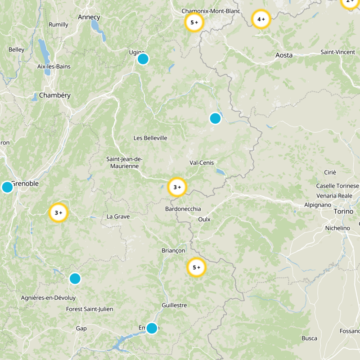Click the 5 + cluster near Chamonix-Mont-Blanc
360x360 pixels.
tap(194, 22)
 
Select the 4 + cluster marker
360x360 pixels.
tap(261, 19)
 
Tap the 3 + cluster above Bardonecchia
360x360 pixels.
tap(177, 187)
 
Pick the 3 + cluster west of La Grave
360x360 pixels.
tap(58, 213)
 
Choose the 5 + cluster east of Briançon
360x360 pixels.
tap(196, 267)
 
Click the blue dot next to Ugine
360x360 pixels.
tap(143, 59)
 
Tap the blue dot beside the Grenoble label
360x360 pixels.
tap(7, 187)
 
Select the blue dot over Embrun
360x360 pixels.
tap(152, 328)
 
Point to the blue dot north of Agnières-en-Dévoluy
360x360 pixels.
tap(75, 279)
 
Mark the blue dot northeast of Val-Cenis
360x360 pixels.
tap(215, 118)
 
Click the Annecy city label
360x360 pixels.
tap(89, 17)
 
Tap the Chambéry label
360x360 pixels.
tap(55, 95)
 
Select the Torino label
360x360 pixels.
tap(344, 211)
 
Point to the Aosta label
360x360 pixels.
tap(283, 55)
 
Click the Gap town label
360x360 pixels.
tap(81, 328)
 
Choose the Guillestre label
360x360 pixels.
tap(174, 305)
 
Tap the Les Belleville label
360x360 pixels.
tap(150, 138)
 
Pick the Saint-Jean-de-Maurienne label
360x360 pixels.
tap(124, 162)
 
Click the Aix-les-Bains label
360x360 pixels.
tap(54, 67)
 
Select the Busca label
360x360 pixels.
tap(309, 338)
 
